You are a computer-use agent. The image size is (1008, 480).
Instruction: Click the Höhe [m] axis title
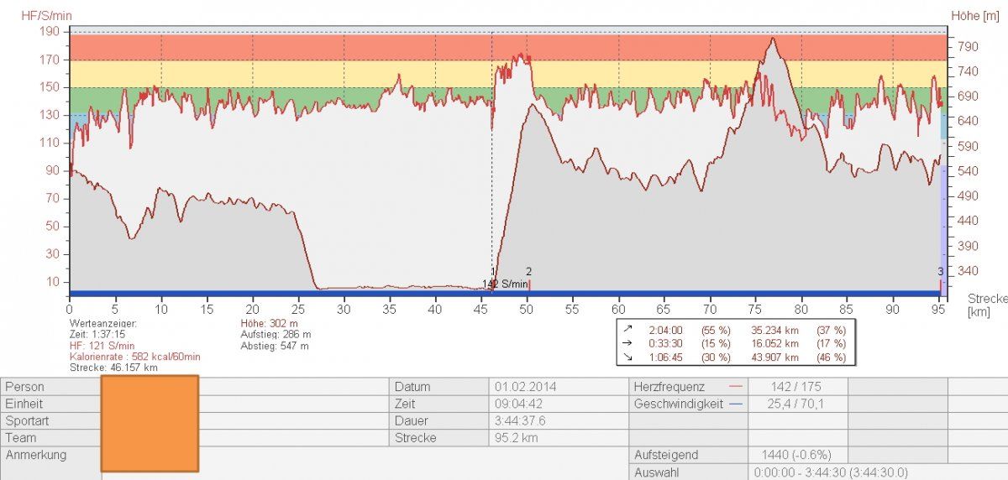tap(977, 14)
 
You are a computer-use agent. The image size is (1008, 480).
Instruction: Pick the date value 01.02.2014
tap(525, 387)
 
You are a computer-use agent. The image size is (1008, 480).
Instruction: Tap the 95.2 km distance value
tap(515, 437)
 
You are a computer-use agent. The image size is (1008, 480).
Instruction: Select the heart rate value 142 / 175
tap(795, 387)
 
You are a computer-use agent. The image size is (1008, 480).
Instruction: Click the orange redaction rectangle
tap(150, 423)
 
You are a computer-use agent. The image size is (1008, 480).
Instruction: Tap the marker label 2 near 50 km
tap(528, 271)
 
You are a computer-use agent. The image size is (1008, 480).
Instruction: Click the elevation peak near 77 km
tap(772, 39)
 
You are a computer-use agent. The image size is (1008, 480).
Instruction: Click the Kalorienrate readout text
tap(135, 357)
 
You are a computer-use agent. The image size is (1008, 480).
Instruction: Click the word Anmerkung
tap(36, 455)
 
